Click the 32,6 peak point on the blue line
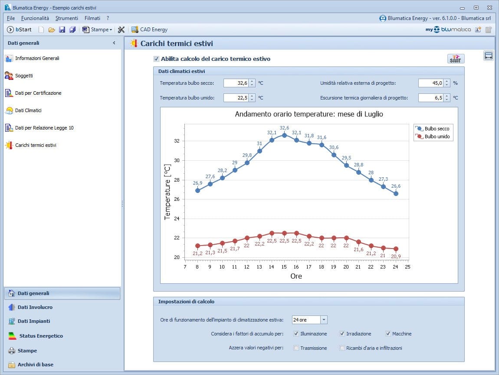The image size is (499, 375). pos(284,135)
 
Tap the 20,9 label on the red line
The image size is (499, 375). pos(396,256)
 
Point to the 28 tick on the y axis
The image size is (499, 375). pos(177,180)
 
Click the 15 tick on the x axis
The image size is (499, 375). pos(284,267)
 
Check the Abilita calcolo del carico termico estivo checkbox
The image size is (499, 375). pos(157,59)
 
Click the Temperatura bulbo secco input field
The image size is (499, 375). pos(236,83)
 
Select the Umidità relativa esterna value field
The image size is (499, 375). pos(431,83)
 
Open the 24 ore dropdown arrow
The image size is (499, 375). pos(324,320)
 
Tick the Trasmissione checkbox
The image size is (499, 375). pos(296,348)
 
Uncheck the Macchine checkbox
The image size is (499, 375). pos(388,334)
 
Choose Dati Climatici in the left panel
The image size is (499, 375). pos(28,110)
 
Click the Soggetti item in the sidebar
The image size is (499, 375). pos(24,76)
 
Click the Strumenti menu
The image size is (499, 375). pos(67,18)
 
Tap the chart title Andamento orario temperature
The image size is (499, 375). pos(309,114)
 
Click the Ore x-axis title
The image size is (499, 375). pos(296,276)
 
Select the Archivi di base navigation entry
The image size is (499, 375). pos(35,365)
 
